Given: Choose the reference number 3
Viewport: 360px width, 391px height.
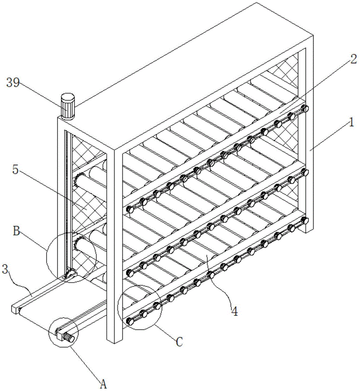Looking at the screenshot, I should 5,269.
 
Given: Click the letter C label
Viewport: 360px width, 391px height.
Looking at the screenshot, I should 179,343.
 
